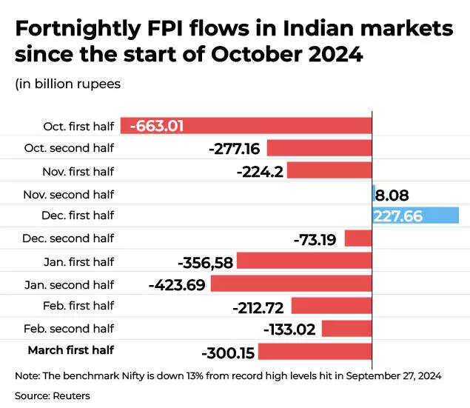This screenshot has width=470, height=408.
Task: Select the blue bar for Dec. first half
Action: [415, 215]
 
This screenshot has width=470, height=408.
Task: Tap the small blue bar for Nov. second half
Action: [374, 193]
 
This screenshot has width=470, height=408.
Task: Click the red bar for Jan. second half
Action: [291, 284]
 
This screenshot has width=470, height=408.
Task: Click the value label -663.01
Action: [156, 125]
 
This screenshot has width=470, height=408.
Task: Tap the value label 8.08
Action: [392, 195]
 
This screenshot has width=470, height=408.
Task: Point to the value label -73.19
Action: [317, 239]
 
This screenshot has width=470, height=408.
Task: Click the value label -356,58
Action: [205, 262]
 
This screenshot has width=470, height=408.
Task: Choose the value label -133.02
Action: [290, 330]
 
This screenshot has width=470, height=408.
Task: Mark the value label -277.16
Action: [236, 149]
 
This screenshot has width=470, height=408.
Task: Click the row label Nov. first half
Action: [78, 171]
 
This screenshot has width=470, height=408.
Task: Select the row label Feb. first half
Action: [79, 305]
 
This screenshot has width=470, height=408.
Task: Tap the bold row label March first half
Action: [71, 350]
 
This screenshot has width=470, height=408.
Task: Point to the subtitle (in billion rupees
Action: [67, 84]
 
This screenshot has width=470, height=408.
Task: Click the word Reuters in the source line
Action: [71, 395]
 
